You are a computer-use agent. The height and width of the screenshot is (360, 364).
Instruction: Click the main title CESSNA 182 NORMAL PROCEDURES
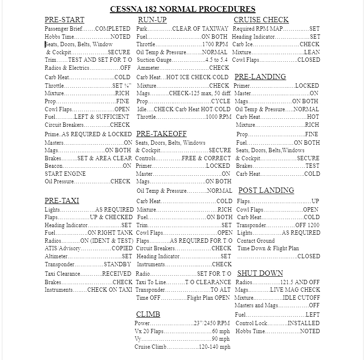[182, 9]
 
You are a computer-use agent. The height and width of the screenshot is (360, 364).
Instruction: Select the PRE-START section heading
[64, 20]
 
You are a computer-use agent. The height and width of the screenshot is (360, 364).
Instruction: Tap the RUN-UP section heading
[152, 20]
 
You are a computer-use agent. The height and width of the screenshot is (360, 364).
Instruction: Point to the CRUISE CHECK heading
[261, 20]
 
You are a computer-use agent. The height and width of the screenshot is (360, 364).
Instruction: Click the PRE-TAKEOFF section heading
[161, 134]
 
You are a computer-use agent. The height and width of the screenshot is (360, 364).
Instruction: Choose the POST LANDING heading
[266, 190]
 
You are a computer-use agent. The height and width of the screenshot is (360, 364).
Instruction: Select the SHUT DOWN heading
[260, 273]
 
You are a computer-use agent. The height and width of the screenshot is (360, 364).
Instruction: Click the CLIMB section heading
[148, 314]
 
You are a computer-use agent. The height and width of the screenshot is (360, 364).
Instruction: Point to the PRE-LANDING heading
[260, 77]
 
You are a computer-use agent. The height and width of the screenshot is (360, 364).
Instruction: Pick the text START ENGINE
[65, 174]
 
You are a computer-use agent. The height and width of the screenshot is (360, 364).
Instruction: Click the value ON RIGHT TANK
[110, 233]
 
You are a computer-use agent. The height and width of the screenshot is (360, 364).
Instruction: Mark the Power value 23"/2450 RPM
[212, 324]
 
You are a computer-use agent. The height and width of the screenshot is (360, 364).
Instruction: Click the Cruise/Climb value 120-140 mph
[215, 347]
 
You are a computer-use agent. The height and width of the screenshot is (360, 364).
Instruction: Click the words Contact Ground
[256, 241]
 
